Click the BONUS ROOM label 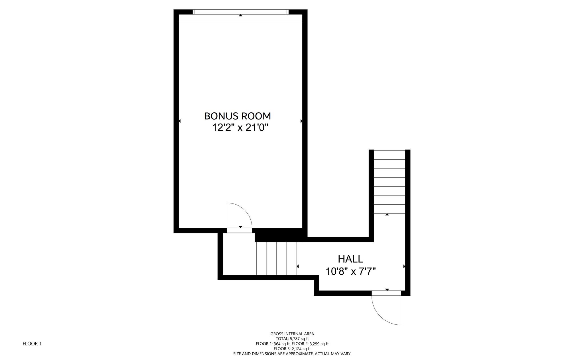[238, 116]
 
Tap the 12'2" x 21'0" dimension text [240, 128]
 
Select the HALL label [350, 259]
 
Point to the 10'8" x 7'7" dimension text [351, 272]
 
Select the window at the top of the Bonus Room [241, 12]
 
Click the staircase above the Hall [389, 182]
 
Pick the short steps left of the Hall [277, 258]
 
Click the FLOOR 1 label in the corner [32, 344]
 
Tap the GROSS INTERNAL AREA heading [292, 334]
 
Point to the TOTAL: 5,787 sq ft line [292, 339]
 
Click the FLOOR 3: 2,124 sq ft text [292, 349]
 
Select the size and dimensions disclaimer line [292, 354]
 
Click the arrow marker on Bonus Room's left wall [179, 121]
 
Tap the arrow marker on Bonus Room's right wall [301, 121]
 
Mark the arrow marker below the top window [241, 15]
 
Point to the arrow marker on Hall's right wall [404, 267]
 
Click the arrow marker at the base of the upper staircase [387, 214]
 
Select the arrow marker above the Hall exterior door [387, 290]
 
